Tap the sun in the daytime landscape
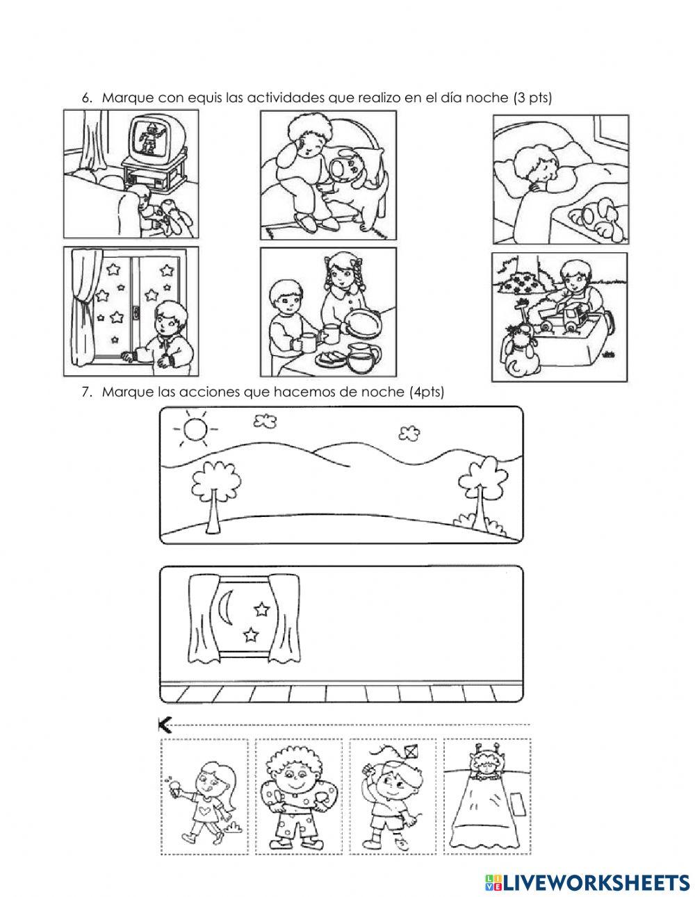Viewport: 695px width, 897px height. click(x=194, y=429)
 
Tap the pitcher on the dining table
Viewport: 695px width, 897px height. click(x=363, y=357)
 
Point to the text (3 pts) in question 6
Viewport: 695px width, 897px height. click(x=532, y=98)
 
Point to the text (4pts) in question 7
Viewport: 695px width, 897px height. click(x=427, y=392)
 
